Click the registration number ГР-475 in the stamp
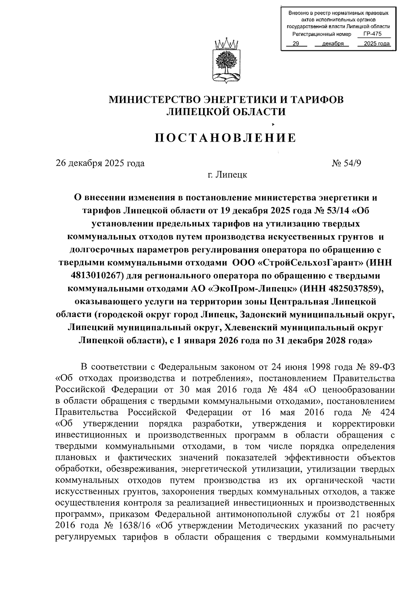pyautogui.click(x=372, y=34)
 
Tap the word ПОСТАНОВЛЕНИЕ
pyautogui.click(x=226, y=138)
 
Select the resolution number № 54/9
pyautogui.click(x=347, y=163)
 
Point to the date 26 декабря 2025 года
pyautogui.click(x=100, y=163)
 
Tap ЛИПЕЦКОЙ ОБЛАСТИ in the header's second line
pyautogui.click(x=226, y=112)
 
